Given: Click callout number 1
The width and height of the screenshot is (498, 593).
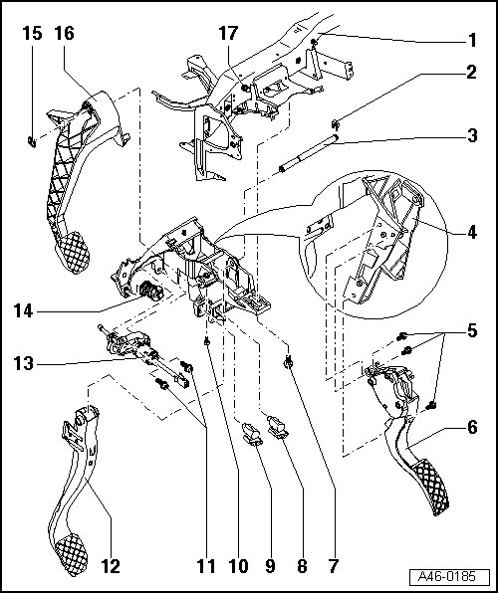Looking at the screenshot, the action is (x=472, y=41).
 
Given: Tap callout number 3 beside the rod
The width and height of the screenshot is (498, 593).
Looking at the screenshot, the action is (x=472, y=135).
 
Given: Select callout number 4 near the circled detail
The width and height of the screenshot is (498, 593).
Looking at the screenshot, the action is (x=472, y=232).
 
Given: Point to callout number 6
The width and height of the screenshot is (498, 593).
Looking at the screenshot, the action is (x=472, y=428).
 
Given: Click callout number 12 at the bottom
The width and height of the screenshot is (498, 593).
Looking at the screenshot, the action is (x=111, y=566).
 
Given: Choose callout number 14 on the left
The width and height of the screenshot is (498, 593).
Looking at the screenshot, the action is (x=24, y=311).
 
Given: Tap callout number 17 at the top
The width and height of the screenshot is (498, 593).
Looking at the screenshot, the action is (x=228, y=33).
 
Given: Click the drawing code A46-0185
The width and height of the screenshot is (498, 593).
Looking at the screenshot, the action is (x=446, y=577).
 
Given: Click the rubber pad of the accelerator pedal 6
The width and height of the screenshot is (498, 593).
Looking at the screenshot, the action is (x=432, y=487).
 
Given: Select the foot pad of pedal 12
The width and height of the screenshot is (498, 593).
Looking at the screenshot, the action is (x=72, y=554).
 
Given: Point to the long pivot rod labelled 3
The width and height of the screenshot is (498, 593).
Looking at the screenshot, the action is (x=309, y=153).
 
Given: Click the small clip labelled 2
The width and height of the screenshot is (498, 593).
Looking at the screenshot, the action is (x=336, y=123).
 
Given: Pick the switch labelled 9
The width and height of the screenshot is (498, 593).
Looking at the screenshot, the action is (x=252, y=434).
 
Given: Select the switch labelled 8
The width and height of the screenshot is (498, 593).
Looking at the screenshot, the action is (x=277, y=426).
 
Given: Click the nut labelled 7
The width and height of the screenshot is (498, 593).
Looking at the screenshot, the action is (x=289, y=363).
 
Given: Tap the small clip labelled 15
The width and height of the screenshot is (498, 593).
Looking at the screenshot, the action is (x=32, y=142).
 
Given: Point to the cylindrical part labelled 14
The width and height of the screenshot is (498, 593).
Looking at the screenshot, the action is (x=151, y=291).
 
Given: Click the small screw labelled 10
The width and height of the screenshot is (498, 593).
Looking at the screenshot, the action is (x=207, y=342).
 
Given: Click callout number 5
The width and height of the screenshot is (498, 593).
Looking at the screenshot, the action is (x=472, y=331).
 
